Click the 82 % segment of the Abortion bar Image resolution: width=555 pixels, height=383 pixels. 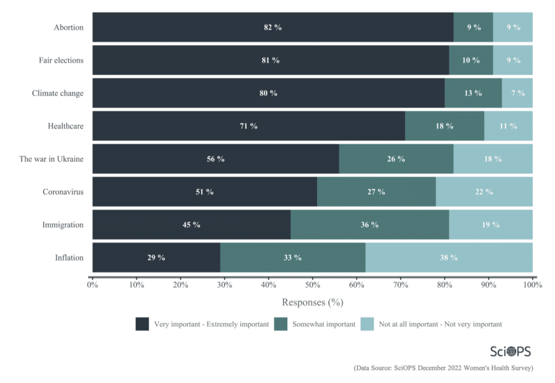[273, 27]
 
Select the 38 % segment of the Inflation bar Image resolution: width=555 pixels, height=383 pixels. [449, 258]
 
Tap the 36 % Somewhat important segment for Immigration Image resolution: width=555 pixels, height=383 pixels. [369, 225]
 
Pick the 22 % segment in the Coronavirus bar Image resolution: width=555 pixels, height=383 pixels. [484, 192]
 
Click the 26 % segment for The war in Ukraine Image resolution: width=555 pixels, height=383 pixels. [396, 159]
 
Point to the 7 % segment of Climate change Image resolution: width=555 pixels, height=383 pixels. [517, 93]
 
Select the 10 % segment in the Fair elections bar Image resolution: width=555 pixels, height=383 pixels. [471, 60]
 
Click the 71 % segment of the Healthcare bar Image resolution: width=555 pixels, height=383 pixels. [249, 126]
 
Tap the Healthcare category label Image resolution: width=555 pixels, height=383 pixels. [66, 126]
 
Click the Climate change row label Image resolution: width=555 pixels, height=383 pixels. [58, 93]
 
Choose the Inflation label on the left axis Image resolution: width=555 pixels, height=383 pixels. [69, 258]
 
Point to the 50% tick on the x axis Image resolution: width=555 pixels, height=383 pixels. [312, 285]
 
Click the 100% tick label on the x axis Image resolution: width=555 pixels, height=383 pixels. [532, 285]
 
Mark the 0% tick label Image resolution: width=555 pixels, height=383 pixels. [93, 285]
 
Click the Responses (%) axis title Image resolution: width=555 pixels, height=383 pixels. [312, 303]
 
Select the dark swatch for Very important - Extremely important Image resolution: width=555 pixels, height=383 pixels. [142, 324]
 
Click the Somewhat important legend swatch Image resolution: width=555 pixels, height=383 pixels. [281, 324]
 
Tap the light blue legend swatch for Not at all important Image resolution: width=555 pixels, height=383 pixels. [367, 324]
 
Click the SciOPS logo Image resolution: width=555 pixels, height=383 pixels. [510, 351]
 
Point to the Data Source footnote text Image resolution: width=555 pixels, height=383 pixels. [443, 368]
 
